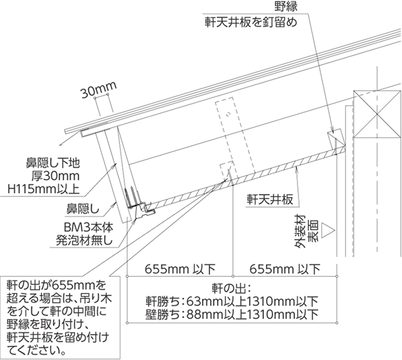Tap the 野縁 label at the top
point(286,6)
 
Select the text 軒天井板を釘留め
point(251,22)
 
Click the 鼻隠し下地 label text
point(53,163)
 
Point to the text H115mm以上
point(44,189)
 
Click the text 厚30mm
point(56,176)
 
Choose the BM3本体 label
point(89,227)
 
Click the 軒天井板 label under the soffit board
point(270,199)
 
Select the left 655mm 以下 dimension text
point(180,269)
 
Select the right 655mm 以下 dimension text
point(285,269)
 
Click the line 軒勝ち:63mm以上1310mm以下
point(232,301)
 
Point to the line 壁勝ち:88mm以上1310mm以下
point(232,314)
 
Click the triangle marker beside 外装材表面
point(329,230)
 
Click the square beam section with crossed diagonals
point(377,114)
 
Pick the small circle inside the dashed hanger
point(228,114)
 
